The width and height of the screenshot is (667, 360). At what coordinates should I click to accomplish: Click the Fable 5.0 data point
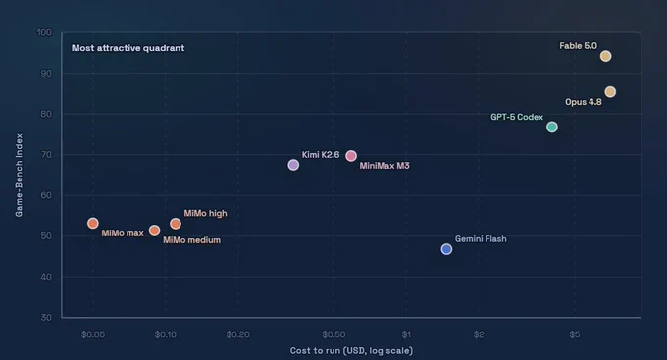coord(605,56)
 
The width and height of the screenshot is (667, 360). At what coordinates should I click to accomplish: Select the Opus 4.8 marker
coord(610,92)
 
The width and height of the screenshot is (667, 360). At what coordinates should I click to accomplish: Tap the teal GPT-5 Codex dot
coord(551,127)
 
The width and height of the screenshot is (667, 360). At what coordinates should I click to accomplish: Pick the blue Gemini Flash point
coord(446,249)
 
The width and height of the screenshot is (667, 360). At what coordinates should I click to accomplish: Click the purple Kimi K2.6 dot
coord(293,165)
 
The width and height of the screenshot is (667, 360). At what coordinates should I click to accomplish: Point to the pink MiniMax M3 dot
coord(351,156)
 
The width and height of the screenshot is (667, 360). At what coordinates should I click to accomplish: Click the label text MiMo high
coord(205,213)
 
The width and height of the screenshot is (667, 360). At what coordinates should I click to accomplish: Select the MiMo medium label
coord(192,240)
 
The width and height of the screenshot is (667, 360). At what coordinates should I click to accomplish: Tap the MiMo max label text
coord(123,233)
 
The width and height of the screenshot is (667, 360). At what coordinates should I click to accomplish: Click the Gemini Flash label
coord(481,239)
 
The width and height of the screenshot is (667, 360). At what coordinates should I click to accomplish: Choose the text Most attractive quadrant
coord(128,48)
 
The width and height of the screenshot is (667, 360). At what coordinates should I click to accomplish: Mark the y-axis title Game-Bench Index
coord(19,175)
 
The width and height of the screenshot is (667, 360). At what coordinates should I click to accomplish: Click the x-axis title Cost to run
coord(351,350)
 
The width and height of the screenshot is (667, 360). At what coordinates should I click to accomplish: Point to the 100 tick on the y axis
coord(44,32)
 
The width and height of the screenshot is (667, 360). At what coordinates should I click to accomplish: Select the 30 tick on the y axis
coord(46,317)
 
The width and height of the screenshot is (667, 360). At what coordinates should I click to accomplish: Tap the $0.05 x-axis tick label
coord(93,334)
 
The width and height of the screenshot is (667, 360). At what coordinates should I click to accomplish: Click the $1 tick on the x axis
coord(406,334)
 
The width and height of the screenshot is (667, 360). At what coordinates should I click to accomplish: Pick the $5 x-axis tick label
coord(575,334)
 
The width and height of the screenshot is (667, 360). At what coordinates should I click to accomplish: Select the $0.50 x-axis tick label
coord(333,334)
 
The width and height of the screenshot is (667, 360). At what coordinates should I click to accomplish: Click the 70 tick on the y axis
coord(46,154)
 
